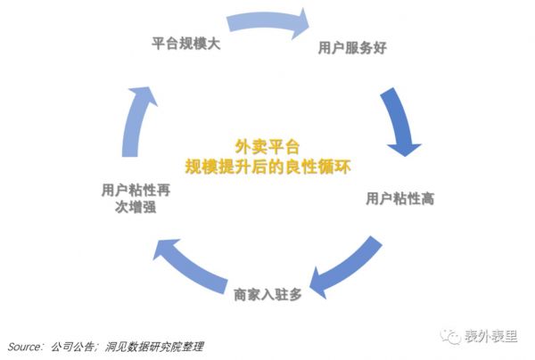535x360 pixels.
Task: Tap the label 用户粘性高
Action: (x=400, y=198)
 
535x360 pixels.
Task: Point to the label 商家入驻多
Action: (x=268, y=293)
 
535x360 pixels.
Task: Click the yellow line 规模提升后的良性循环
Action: (x=267, y=165)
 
